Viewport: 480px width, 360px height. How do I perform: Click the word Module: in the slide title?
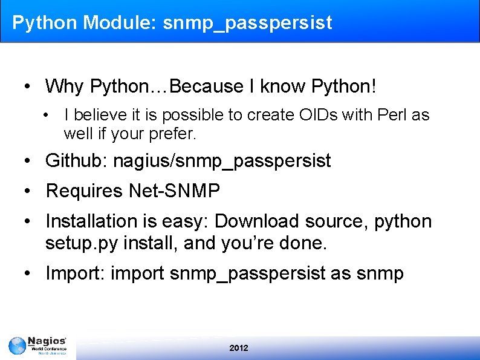(x=120, y=23)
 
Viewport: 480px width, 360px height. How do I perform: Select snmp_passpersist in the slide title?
(x=247, y=24)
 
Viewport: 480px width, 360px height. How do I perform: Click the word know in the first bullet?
(x=284, y=86)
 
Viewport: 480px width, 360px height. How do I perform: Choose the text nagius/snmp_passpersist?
(x=222, y=161)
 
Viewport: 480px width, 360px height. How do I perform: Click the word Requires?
(x=84, y=191)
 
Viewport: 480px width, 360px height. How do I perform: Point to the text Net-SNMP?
(x=175, y=191)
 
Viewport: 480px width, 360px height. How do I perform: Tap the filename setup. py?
(x=82, y=243)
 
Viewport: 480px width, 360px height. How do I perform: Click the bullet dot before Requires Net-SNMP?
(x=28, y=192)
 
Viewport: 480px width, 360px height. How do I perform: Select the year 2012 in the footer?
(x=239, y=348)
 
